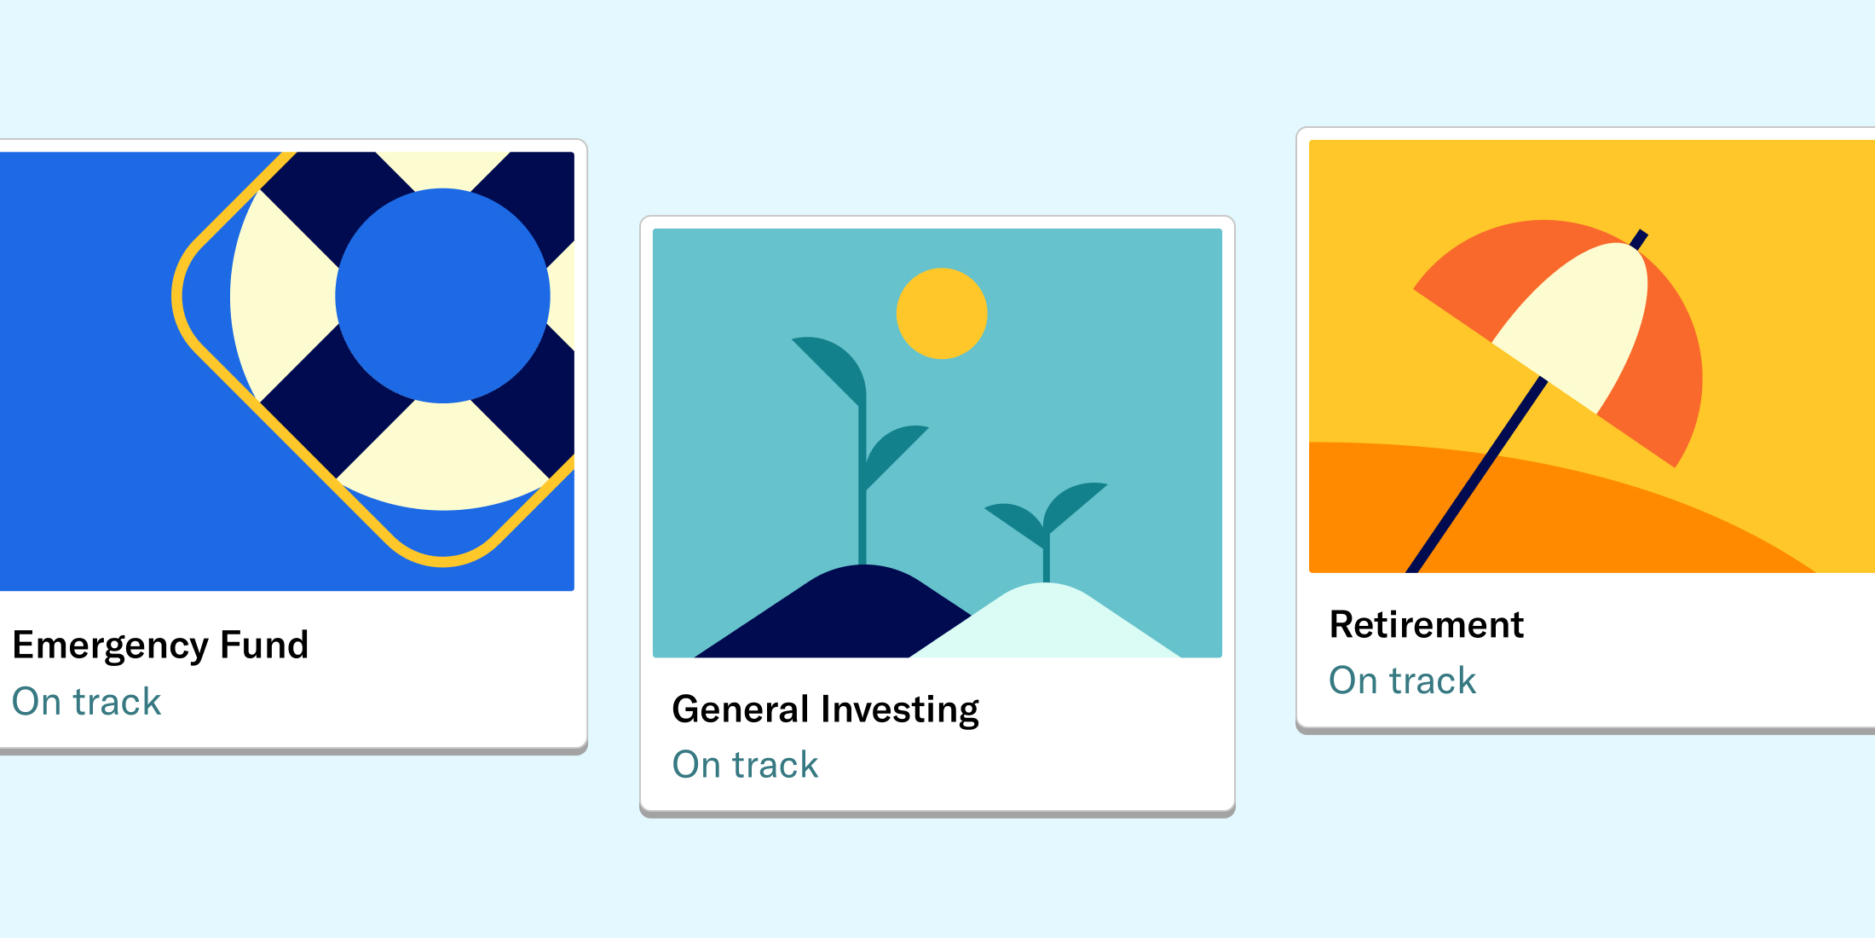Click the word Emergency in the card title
pyautogui.click(x=110, y=646)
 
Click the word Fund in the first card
pyautogui.click(x=264, y=645)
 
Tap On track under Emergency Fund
pyautogui.click(x=86, y=702)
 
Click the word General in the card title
pyautogui.click(x=741, y=709)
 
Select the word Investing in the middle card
pyautogui.click(x=900, y=710)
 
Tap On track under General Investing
pyautogui.click(x=745, y=765)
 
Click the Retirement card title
pyautogui.click(x=1427, y=625)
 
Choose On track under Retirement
pyautogui.click(x=1402, y=680)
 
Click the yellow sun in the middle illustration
pyautogui.click(x=942, y=314)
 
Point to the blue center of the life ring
pyautogui.click(x=443, y=296)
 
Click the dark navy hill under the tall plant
pyautogui.click(x=844, y=614)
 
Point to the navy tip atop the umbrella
pyautogui.click(x=1639, y=239)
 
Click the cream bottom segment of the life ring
pyautogui.click(x=443, y=456)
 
